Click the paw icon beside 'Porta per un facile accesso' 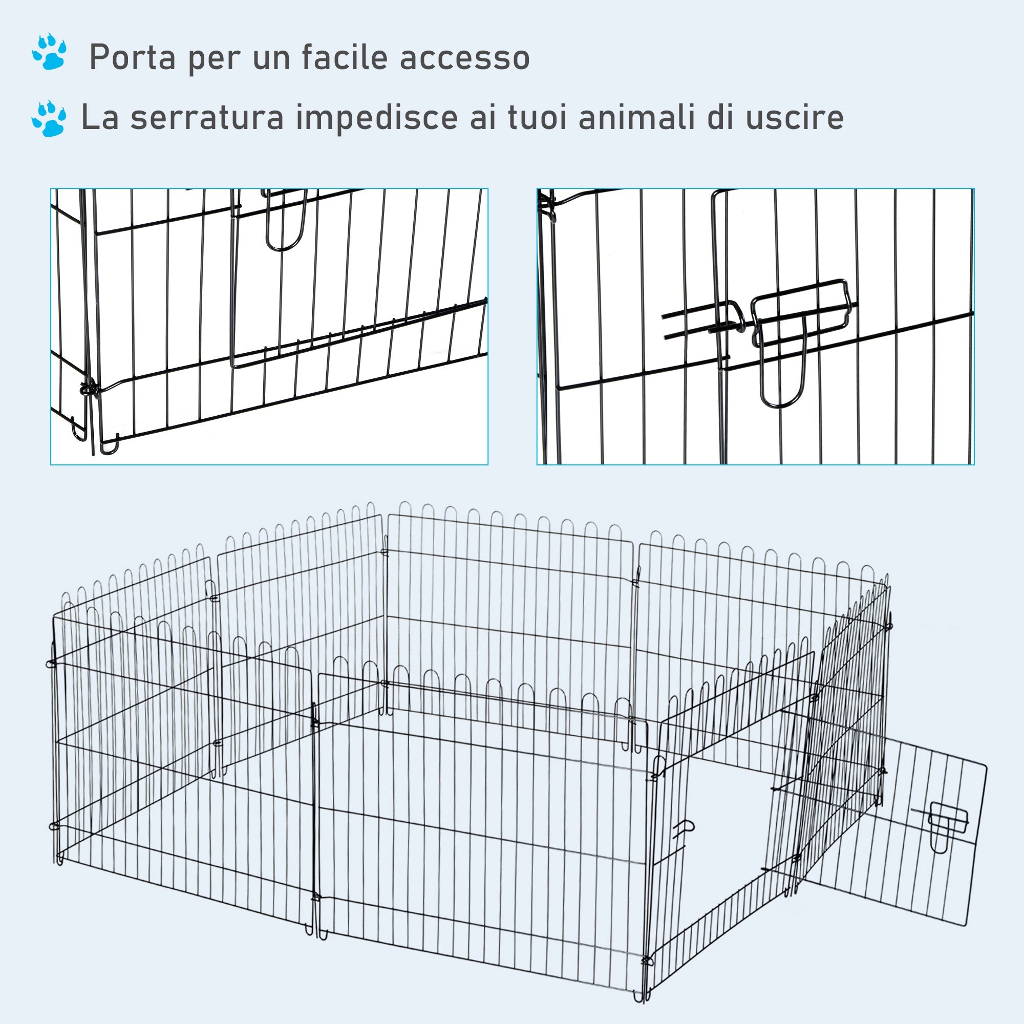[49, 52]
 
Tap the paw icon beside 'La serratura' [49, 119]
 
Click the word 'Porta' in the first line [132, 58]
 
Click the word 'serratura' [207, 118]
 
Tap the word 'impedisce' [376, 118]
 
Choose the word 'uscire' [795, 118]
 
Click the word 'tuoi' [537, 118]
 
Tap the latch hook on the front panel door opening [684, 830]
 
